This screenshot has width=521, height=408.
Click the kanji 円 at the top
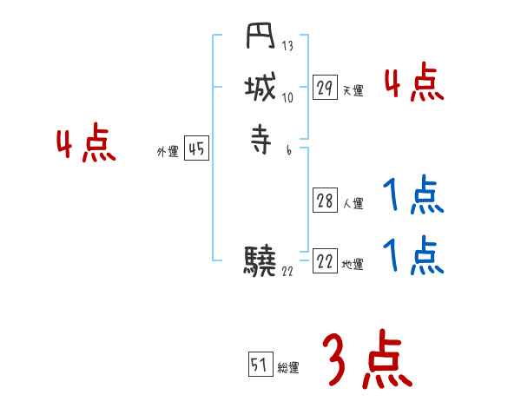(x=260, y=41)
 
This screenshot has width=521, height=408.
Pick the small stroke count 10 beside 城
(x=288, y=97)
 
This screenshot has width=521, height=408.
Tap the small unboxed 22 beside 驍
(x=288, y=271)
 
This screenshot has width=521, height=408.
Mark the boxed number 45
(x=196, y=149)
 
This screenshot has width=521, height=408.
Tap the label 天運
(x=353, y=90)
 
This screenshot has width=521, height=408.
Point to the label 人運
(x=353, y=204)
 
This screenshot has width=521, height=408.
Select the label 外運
(x=168, y=152)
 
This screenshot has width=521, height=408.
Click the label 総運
(x=288, y=368)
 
